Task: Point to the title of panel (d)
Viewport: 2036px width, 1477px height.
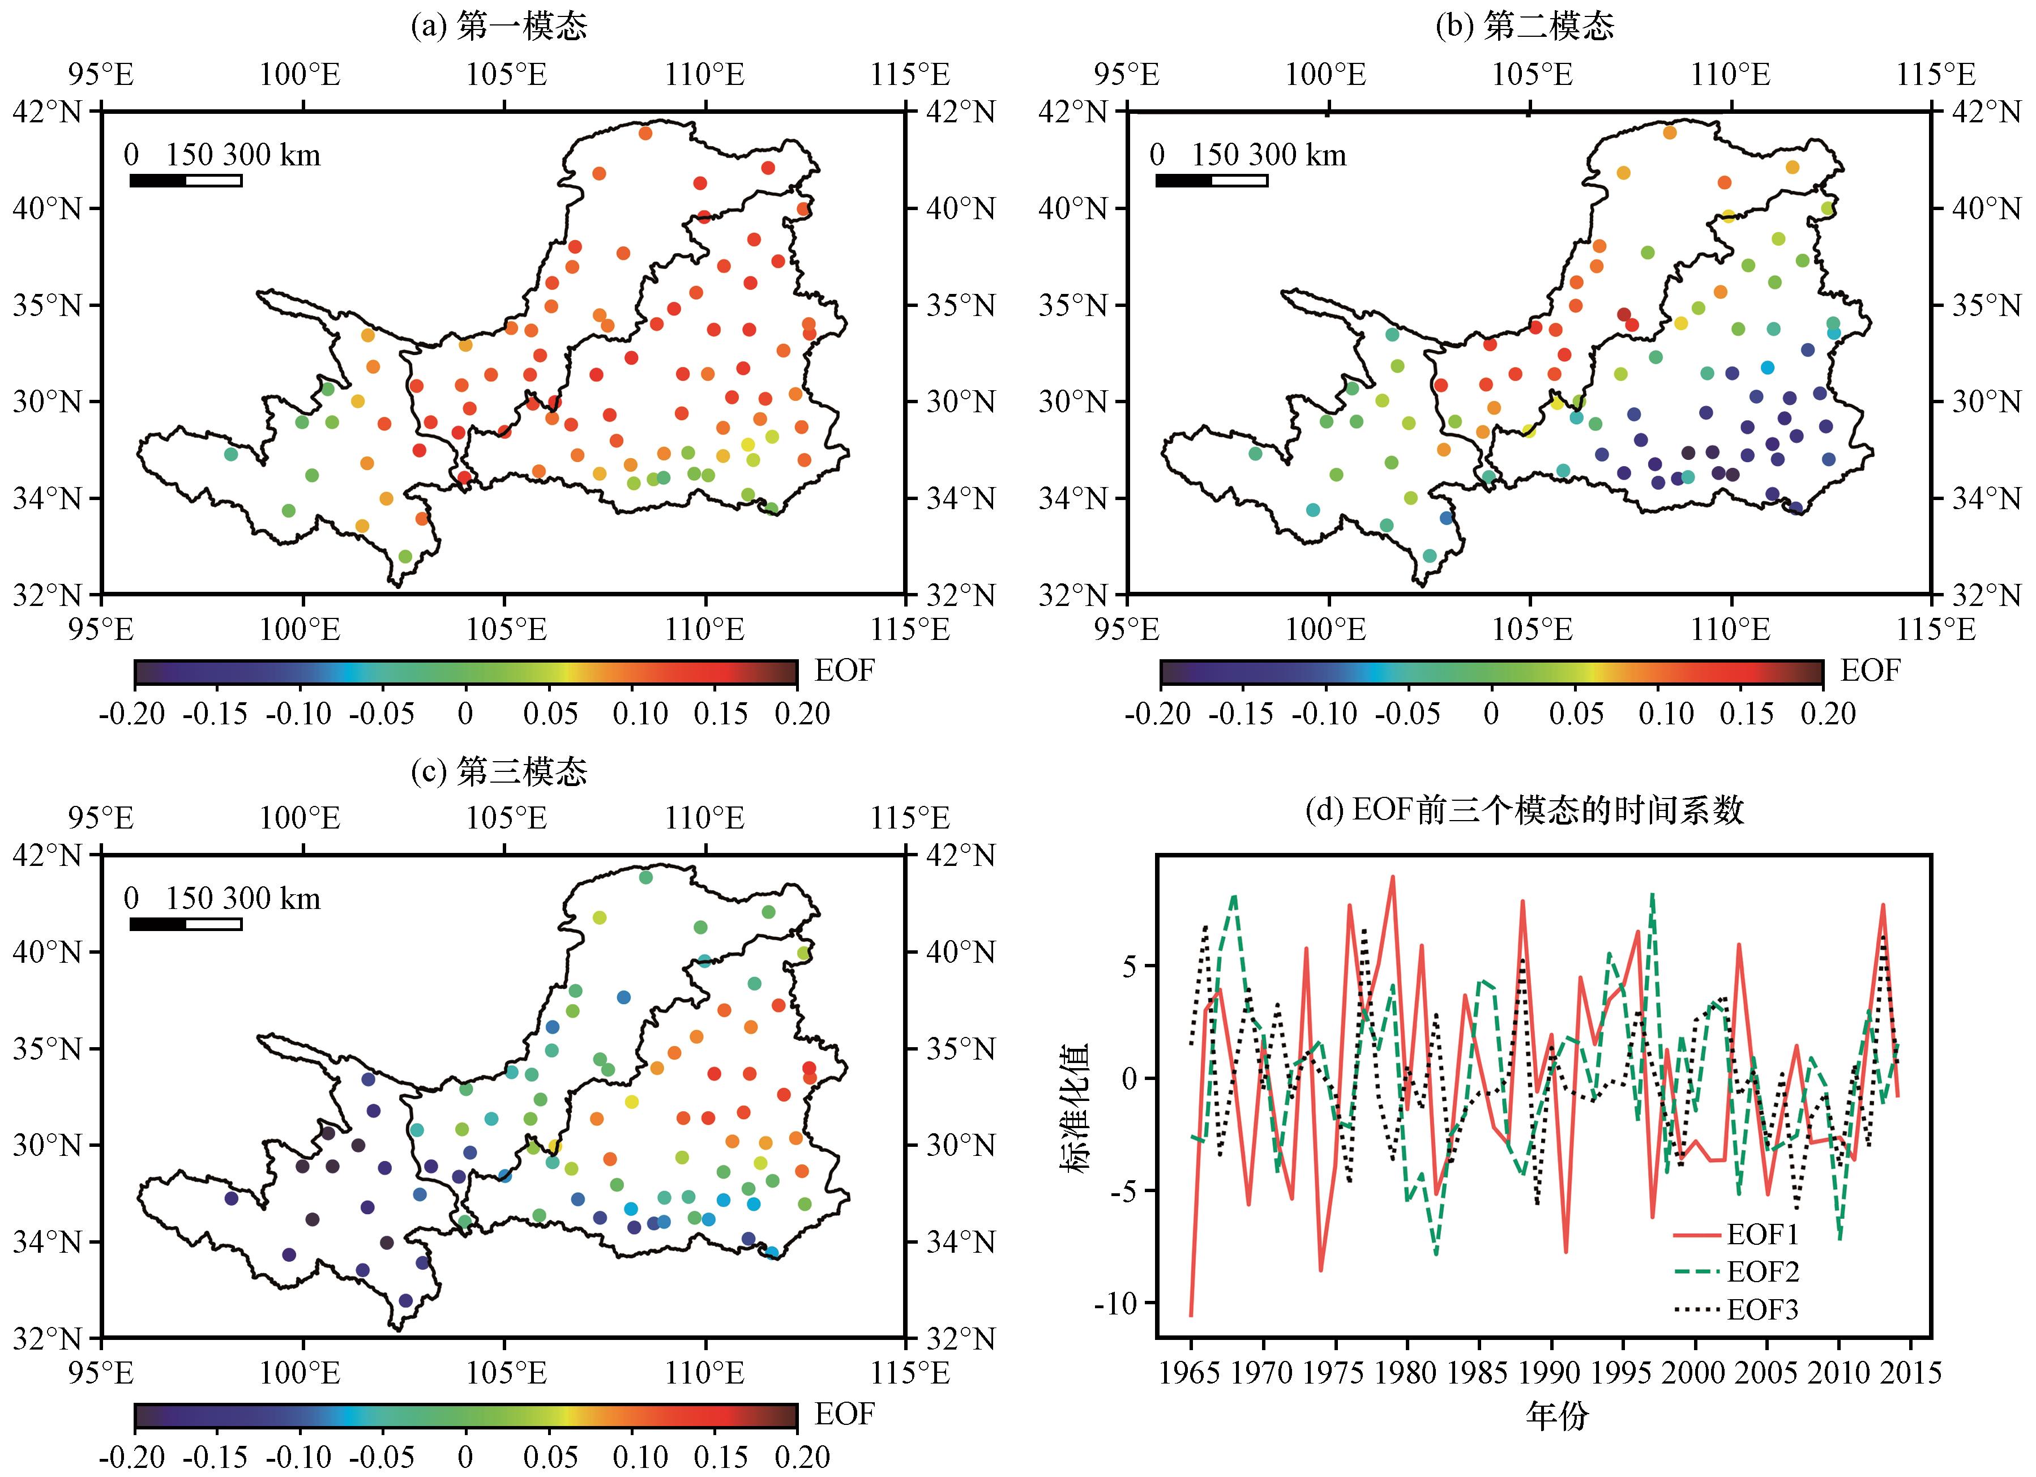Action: pyautogui.click(x=1524, y=811)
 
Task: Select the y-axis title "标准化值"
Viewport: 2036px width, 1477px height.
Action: pyautogui.click(x=1075, y=1108)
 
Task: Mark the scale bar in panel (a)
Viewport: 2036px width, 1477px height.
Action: pyautogui.click(x=186, y=181)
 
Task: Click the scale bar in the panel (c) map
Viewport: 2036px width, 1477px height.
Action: pyautogui.click(x=186, y=924)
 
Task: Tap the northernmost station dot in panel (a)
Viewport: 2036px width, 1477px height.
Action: pyautogui.click(x=644, y=134)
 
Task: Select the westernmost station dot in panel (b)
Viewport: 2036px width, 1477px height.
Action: pyautogui.click(x=1255, y=454)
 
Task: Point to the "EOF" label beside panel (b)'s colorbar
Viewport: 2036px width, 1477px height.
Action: pyautogui.click(x=1870, y=671)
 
